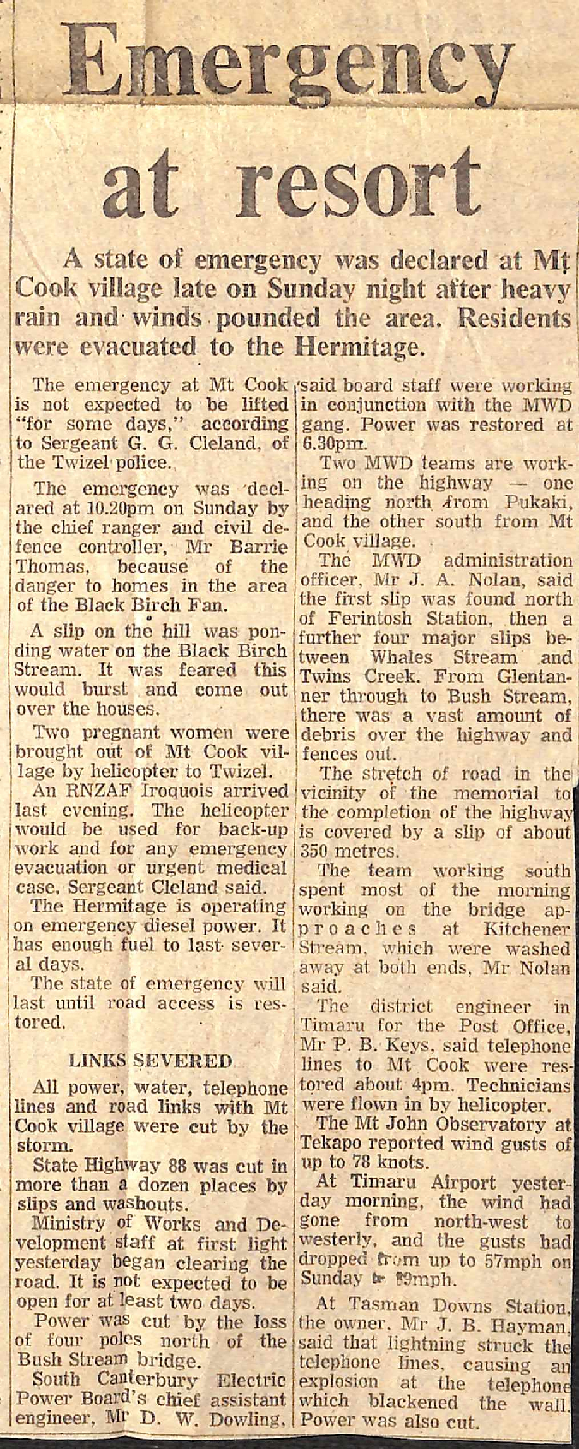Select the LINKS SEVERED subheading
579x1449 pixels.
pyautogui.click(x=150, y=1061)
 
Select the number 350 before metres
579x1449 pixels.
pyautogui.click(x=317, y=851)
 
